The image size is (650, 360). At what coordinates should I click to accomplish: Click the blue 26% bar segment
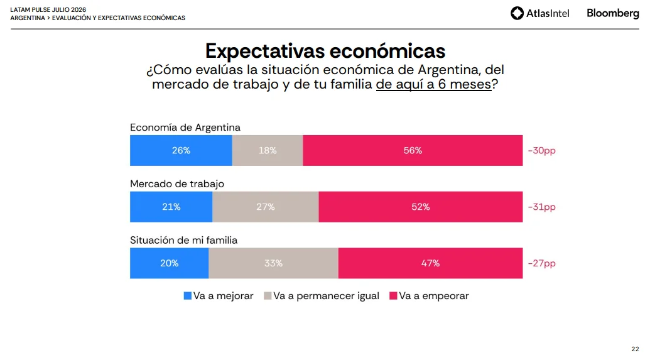pyautogui.click(x=181, y=151)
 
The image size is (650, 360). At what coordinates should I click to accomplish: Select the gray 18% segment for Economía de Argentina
pyautogui.click(x=268, y=151)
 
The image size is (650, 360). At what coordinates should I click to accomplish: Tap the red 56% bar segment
pyautogui.click(x=413, y=151)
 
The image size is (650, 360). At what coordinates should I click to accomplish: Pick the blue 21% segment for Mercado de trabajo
pyautogui.click(x=171, y=207)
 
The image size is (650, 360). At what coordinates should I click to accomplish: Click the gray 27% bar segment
pyautogui.click(x=265, y=207)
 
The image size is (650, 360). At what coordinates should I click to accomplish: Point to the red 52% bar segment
pyautogui.click(x=421, y=207)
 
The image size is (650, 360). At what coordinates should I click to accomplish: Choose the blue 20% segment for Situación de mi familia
pyautogui.click(x=169, y=263)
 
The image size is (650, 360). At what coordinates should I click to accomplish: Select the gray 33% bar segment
pyautogui.click(x=273, y=263)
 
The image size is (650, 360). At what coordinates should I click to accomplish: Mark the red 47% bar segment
pyautogui.click(x=430, y=263)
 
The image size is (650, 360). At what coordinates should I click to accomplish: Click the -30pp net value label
pyautogui.click(x=541, y=151)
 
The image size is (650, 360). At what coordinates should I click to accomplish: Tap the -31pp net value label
pyautogui.click(x=541, y=207)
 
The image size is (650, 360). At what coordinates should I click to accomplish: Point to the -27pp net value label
pyautogui.click(x=541, y=263)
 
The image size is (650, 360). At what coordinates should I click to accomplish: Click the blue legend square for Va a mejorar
pyautogui.click(x=187, y=296)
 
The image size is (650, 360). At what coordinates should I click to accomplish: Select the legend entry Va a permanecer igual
pyautogui.click(x=322, y=296)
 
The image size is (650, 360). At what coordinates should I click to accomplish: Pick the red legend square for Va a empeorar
pyautogui.click(x=393, y=296)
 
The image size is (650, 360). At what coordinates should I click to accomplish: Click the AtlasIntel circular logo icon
pyautogui.click(x=517, y=13)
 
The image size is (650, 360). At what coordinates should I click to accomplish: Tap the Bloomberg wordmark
pyautogui.click(x=613, y=13)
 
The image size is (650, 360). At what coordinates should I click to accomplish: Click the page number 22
pyautogui.click(x=635, y=349)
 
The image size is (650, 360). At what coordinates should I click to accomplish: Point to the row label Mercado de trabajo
pyautogui.click(x=177, y=183)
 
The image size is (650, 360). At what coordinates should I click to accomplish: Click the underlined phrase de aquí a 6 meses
pyautogui.click(x=433, y=84)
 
